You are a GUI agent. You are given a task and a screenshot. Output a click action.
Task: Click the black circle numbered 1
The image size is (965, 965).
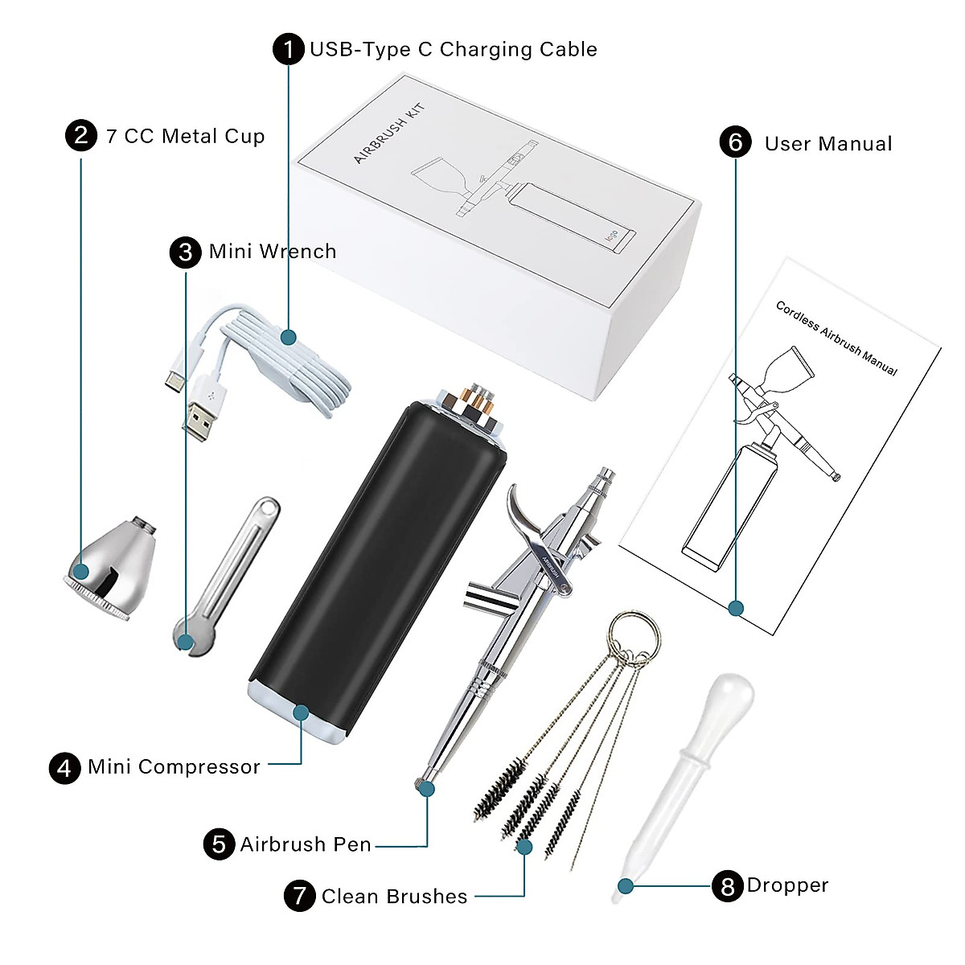pos(288,49)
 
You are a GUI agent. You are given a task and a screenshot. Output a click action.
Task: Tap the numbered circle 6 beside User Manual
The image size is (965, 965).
pos(735,142)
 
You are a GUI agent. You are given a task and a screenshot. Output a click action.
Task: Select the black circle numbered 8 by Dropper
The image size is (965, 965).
pos(727,885)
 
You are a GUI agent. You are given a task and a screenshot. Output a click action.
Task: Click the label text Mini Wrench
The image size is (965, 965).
pos(272,252)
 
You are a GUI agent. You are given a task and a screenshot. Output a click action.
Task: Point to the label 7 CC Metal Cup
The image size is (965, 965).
pos(185,136)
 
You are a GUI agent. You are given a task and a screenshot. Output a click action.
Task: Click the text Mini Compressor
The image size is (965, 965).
pos(174,766)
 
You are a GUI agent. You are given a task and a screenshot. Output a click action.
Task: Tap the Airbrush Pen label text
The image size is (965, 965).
pos(306,844)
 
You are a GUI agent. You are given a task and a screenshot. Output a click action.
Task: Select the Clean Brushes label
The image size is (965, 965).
pos(394,896)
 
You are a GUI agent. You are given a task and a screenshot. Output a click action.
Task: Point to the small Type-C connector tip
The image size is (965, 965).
pos(171,380)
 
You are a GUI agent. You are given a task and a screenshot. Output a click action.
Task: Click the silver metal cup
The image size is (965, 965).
pos(113,562)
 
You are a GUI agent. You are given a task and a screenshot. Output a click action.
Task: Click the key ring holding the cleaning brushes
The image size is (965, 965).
pos(634,632)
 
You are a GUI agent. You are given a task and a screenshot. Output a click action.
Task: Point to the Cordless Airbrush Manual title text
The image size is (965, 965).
pos(836,338)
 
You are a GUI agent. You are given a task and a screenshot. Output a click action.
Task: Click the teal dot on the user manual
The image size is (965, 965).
pos(735,608)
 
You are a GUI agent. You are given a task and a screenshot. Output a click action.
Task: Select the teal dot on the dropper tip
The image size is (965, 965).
pos(626,886)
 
